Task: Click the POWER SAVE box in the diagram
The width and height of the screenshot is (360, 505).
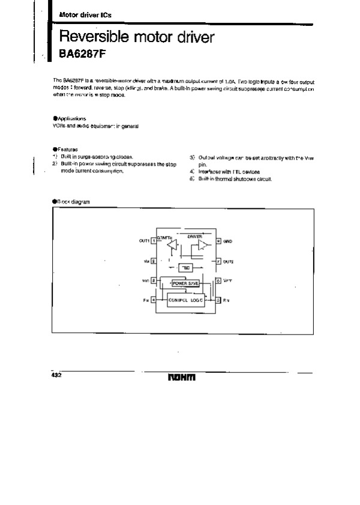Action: [x=185, y=283]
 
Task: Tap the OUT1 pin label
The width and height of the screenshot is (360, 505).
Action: [x=143, y=241]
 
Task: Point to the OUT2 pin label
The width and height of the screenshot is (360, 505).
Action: [x=228, y=262]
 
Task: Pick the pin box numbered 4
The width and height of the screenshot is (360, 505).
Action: [x=154, y=298]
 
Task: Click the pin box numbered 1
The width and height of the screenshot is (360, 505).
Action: [x=154, y=241]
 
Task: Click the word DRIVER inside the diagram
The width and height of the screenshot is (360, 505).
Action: [x=194, y=236]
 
